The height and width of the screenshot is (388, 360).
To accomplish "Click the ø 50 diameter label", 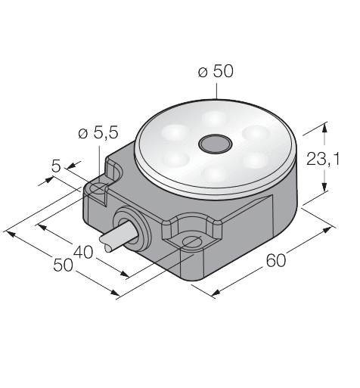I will pyautogui.click(x=216, y=72).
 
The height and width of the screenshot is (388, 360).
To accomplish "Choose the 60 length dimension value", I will pyautogui.click(x=278, y=262).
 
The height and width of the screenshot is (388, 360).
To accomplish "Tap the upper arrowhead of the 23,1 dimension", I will pyautogui.click(x=324, y=126).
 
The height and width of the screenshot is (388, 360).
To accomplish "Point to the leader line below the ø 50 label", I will pyautogui.click(x=216, y=90).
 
